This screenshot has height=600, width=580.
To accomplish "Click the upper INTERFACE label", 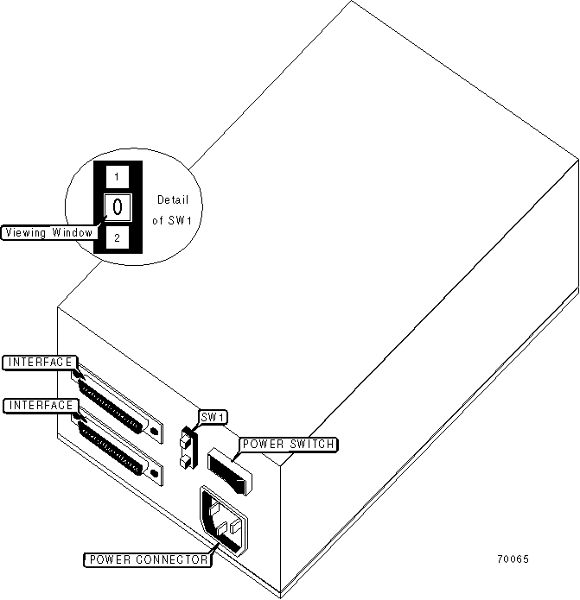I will point(41,362).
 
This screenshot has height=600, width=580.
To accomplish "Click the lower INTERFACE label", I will point(41,405).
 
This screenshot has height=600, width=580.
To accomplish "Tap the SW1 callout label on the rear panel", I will point(213,418).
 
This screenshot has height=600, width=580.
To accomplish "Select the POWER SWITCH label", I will point(288,445).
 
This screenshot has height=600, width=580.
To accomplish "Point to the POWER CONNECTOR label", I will point(147,559).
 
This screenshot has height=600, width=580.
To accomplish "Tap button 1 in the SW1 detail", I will point(118,177).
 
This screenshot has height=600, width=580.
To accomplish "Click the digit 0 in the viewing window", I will point(118,207).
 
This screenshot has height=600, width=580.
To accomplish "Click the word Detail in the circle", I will point(172,200).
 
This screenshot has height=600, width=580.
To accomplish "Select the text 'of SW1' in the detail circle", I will point(171,220).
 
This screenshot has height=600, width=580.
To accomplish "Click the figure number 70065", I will point(513,559).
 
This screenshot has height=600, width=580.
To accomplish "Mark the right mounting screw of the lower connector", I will point(154,473).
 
